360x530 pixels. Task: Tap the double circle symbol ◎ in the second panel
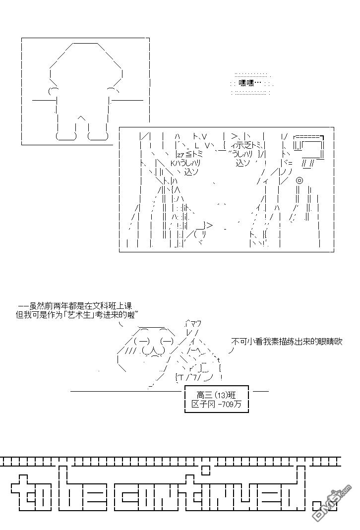[x=299, y=181]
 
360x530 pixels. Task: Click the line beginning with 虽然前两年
[x=75, y=306]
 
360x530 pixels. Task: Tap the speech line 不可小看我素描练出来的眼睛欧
[x=287, y=342]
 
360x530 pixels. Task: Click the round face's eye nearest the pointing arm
[x=167, y=342]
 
